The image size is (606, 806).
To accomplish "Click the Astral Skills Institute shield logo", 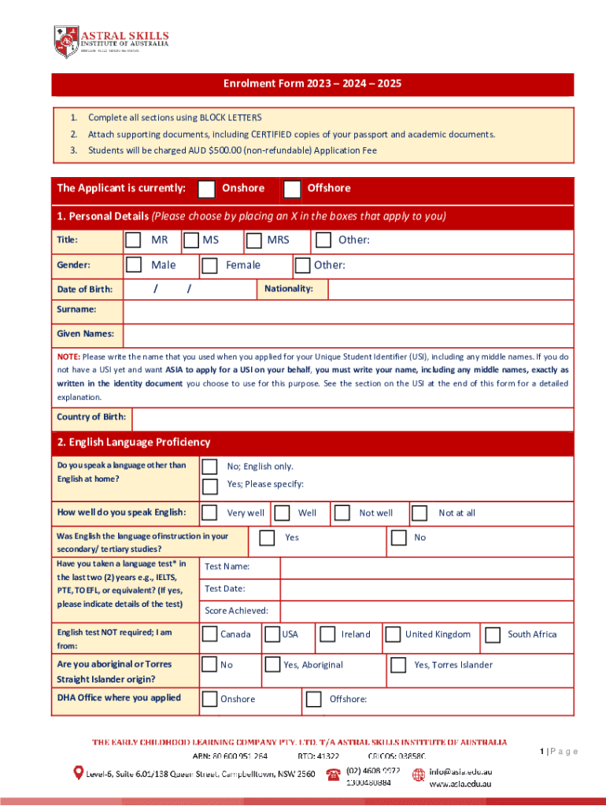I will (66, 41).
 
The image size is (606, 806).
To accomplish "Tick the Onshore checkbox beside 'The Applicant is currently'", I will (206, 189).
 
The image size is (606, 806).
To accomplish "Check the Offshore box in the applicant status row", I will (292, 189).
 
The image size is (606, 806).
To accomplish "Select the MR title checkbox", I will (135, 240).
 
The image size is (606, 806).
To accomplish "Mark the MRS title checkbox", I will (253, 240).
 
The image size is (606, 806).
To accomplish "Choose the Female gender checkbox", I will (209, 266).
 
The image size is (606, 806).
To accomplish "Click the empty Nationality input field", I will (449, 290).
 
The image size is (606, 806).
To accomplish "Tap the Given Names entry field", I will (346, 335).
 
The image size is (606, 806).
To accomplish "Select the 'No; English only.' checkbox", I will (210, 467).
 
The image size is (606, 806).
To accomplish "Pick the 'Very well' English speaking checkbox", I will (210, 513).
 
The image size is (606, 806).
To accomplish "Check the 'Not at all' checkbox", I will (419, 513).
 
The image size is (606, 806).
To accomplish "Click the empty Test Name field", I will (425, 568).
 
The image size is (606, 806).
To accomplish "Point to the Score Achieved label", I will (236, 611).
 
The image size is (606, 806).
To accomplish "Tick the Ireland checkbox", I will (326, 634).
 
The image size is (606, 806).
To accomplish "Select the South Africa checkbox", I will (493, 634).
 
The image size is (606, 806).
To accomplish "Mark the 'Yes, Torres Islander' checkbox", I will (398, 665).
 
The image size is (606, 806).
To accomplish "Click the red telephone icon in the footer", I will (333, 775).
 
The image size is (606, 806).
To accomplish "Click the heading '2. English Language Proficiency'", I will (134, 443).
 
